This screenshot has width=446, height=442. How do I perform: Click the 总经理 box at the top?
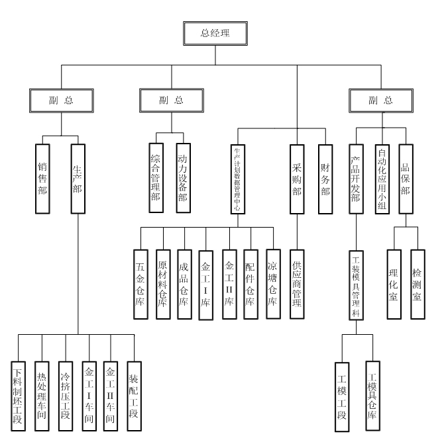click(215, 32)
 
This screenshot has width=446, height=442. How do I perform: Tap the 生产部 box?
click(78, 178)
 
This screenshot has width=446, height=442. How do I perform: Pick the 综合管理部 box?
click(156, 177)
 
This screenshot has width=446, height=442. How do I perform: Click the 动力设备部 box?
click(183, 177)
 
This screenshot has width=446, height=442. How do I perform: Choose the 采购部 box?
click(297, 178)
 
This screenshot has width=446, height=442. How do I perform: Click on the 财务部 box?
click(325, 178)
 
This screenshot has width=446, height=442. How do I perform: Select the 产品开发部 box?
click(356, 178)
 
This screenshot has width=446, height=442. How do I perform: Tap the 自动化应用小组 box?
click(381, 178)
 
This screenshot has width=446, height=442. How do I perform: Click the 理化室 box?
click(394, 284)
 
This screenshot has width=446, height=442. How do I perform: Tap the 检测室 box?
click(417, 284)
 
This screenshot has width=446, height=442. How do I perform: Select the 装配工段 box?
click(135, 395)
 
